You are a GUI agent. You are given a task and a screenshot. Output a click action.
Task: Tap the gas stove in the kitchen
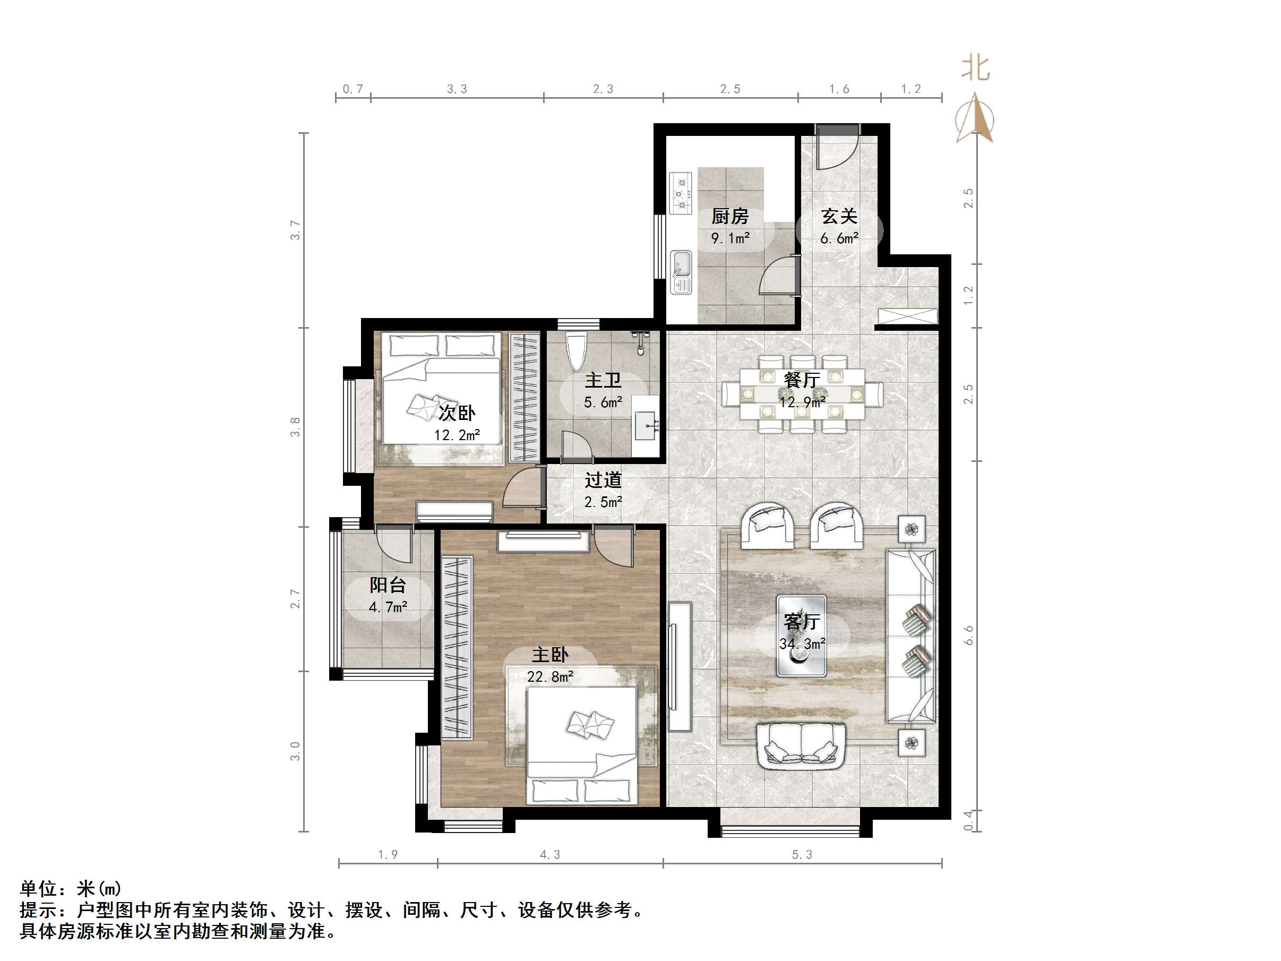[x=681, y=193]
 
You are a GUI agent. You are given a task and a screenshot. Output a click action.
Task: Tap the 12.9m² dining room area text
[x=802, y=401]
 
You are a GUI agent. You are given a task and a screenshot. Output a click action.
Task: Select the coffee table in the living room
[x=802, y=636]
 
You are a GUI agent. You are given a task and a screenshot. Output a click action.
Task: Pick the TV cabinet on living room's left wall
[x=680, y=666]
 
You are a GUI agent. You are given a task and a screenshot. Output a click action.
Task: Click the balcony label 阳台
[x=388, y=585]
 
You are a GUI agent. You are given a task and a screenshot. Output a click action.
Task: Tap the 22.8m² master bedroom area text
[x=549, y=676]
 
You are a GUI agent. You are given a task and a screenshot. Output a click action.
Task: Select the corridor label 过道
[x=603, y=480]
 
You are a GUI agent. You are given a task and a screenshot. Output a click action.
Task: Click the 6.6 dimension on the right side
[x=968, y=636]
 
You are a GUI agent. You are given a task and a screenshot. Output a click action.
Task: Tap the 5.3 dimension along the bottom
[x=802, y=854]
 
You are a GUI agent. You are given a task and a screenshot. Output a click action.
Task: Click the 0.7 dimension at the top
[x=353, y=89]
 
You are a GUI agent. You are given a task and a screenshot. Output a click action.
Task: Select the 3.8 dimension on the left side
[x=295, y=427]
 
